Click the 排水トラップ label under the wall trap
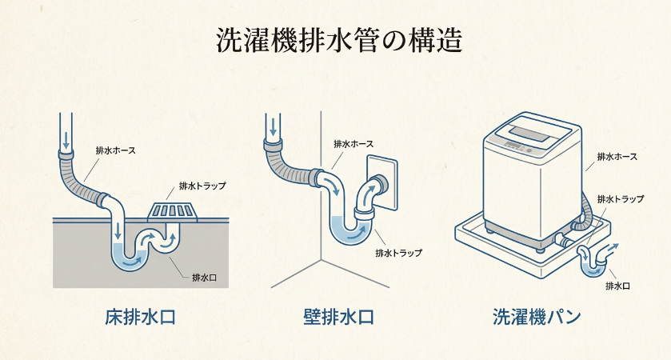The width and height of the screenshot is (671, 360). click(398, 253)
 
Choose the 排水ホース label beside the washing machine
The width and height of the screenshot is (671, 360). click(616, 156)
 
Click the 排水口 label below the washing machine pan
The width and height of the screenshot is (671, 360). click(618, 286)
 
